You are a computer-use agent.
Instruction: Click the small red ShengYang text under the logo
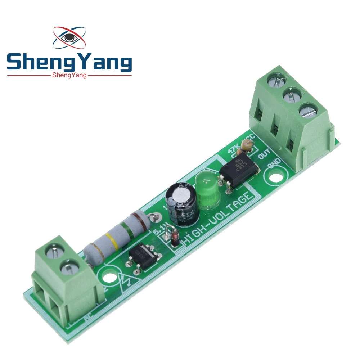pyautogui.click(x=69, y=75)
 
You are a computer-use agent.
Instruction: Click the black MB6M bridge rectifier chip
pyautogui.click(x=144, y=257)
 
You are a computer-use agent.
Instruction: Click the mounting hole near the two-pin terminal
pyautogui.click(x=107, y=278)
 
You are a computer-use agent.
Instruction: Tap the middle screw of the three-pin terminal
pyautogui.click(x=290, y=95)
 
